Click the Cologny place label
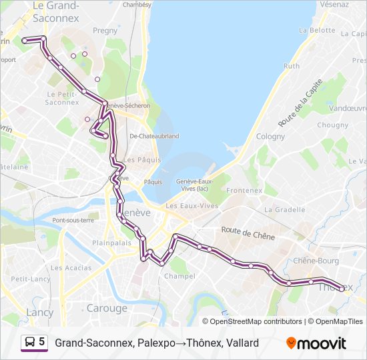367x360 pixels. pos(270,136)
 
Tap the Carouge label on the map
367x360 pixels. pos(107,308)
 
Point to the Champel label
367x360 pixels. pos(180,275)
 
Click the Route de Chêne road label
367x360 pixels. pos(248,233)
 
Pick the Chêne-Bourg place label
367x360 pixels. pos(316,261)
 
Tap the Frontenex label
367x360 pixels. pos(244,190)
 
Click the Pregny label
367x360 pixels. pos(105,30)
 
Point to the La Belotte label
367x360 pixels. pos(317,30)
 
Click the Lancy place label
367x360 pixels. pos(39,312)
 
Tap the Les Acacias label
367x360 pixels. pos(71,267)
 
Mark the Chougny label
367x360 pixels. pos(333,125)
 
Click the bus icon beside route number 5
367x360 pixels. pos(30,343)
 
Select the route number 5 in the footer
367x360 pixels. pos(42,343)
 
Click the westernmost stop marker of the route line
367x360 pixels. pos(25,41)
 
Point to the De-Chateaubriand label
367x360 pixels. pos(154,135)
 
